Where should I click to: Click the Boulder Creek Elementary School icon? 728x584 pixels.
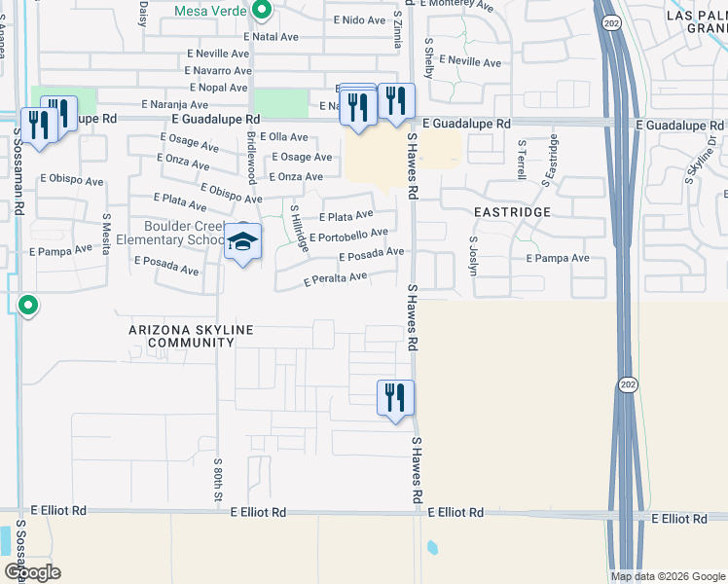click(242, 241)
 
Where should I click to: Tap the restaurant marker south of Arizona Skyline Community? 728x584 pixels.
click(396, 397)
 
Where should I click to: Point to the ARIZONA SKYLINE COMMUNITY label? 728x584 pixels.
click(183, 337)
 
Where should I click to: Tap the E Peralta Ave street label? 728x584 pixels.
click(335, 279)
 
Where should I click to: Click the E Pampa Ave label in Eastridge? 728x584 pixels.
click(558, 258)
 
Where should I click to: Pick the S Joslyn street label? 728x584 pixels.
click(473, 255)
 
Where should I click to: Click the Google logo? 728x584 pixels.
click(32, 572)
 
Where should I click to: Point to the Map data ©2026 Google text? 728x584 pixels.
click(668, 576)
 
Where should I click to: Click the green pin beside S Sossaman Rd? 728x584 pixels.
click(28, 307)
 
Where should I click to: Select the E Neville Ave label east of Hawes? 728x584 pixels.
click(470, 61)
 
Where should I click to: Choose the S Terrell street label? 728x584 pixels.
click(522, 160)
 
